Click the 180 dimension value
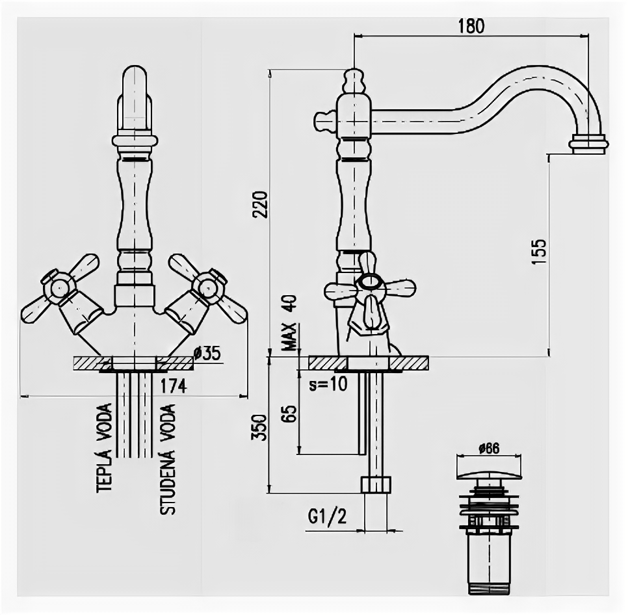coord(471,26)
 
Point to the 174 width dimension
coord(174,386)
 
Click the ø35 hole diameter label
coord(208,353)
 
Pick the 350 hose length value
coord(259,427)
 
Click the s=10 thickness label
coord(328,384)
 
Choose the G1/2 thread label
coord(327,517)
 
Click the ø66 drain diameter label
coord(488,448)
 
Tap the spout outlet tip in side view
coord(589,144)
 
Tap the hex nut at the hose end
coord(376,484)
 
